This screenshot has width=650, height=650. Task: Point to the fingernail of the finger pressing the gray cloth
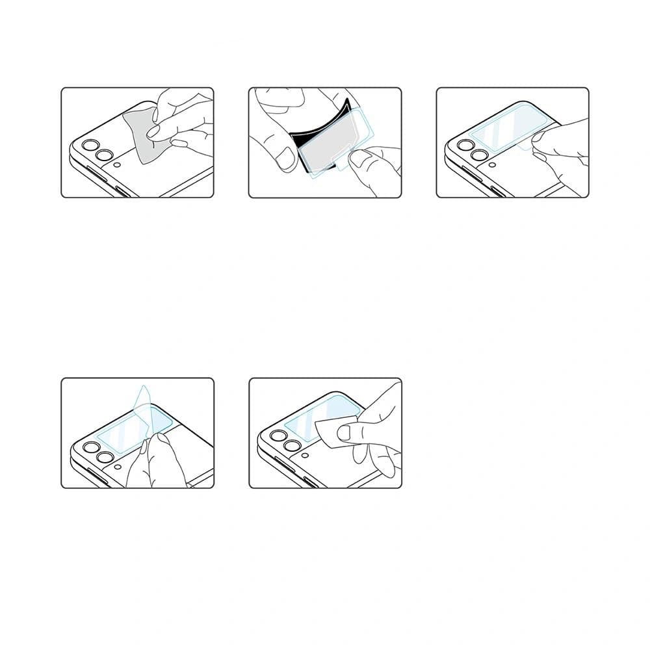point(154,133)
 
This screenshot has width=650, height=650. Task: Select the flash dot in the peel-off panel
point(117,466)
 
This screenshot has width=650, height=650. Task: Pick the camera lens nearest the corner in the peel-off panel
point(90,447)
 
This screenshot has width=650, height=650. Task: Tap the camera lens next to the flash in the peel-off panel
point(105,457)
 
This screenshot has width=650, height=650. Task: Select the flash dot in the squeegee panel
point(305,455)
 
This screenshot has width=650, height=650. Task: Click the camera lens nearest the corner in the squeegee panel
point(278,436)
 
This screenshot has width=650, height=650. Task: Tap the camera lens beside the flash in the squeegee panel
point(292,446)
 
